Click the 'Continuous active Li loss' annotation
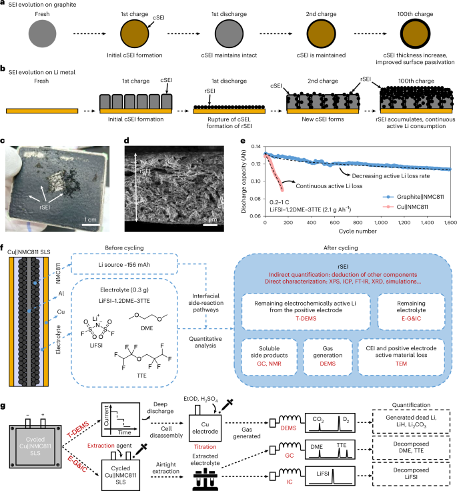click(330, 186)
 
